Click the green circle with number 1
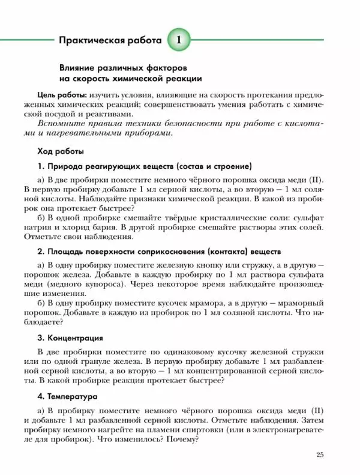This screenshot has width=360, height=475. point(181,40)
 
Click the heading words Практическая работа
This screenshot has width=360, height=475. point(110,41)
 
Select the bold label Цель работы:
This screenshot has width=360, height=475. point(62,95)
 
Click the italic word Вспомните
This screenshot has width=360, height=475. point(61,123)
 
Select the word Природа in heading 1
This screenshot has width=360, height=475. point(65,165)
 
